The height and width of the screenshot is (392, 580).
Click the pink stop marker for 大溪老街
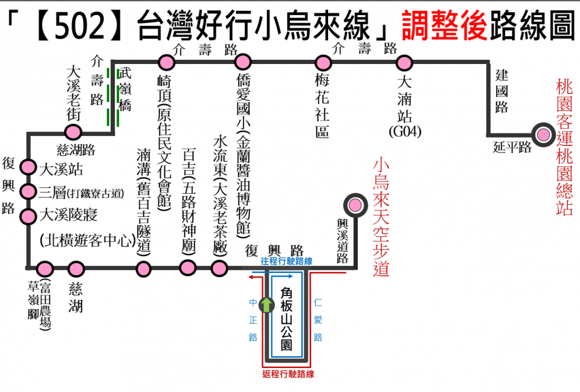point(73,132)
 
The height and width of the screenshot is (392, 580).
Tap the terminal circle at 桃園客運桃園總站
point(543,135)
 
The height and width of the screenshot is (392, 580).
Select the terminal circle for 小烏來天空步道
point(355,205)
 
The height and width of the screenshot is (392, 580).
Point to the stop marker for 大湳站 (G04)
point(404,62)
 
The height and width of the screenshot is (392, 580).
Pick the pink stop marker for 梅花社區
point(324,62)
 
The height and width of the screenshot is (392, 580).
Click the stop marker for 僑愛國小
point(243,62)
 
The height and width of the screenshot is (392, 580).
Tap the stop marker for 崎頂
point(166,62)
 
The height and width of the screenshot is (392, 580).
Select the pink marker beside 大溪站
point(28,167)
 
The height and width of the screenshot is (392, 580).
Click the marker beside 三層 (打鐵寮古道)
point(28,191)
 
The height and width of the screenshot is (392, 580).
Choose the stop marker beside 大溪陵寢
point(28,216)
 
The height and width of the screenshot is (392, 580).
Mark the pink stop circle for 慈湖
point(76,268)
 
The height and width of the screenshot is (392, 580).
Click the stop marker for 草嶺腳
point(45,268)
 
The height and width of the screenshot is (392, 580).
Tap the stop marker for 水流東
point(219,268)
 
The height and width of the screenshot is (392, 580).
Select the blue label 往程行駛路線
point(286,261)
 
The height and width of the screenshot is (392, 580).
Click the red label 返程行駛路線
point(288,374)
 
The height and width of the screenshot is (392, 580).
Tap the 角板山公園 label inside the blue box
point(287,319)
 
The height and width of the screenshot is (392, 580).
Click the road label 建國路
point(501,91)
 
